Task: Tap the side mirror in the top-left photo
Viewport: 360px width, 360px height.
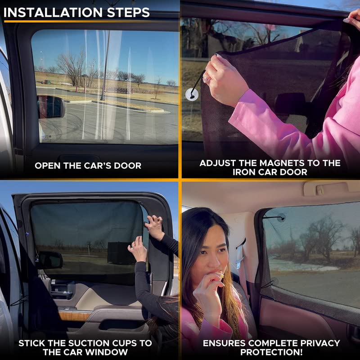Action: point(50,107)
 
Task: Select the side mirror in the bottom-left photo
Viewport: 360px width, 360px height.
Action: point(49,260)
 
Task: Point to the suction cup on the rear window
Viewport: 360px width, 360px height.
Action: point(281,218)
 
